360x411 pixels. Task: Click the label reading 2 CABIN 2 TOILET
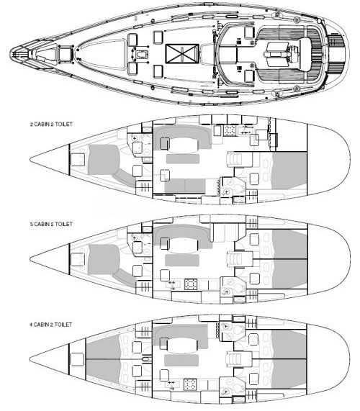tap(51, 125)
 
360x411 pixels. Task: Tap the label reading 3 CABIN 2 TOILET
tap(51, 224)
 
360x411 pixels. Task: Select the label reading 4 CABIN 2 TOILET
tap(50, 325)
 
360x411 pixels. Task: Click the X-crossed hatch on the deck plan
tap(182, 54)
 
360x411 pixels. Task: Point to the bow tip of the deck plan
tap(11, 54)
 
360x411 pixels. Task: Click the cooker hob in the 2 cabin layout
tap(230, 130)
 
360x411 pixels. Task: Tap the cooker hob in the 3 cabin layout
tap(191, 284)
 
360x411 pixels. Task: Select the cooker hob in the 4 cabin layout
tap(190, 384)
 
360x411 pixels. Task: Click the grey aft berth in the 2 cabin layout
tap(289, 171)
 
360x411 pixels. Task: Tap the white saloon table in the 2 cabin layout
tap(184, 145)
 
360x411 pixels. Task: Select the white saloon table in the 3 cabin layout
tap(184, 245)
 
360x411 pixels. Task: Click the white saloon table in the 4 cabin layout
tap(182, 345)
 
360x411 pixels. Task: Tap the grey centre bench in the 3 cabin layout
tap(181, 260)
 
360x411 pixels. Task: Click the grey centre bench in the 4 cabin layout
tap(181, 360)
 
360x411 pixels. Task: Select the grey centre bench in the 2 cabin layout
tap(183, 159)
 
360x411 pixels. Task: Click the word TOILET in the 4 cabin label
tap(63, 325)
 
